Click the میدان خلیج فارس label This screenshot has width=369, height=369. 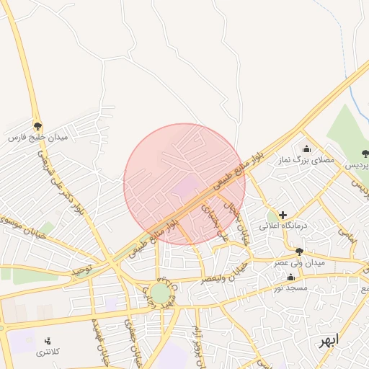click(x=37, y=136)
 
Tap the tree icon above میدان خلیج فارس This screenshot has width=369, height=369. click(x=37, y=125)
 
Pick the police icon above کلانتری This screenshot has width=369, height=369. click(x=48, y=340)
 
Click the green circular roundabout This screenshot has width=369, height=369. click(x=159, y=293)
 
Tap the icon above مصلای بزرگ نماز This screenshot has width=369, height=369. click(x=306, y=149)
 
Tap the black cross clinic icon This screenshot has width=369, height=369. click(x=283, y=215)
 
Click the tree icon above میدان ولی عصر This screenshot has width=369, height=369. click(x=299, y=252)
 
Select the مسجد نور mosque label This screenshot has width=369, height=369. click(x=290, y=288)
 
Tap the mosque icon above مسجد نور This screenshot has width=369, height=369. click(x=290, y=277)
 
